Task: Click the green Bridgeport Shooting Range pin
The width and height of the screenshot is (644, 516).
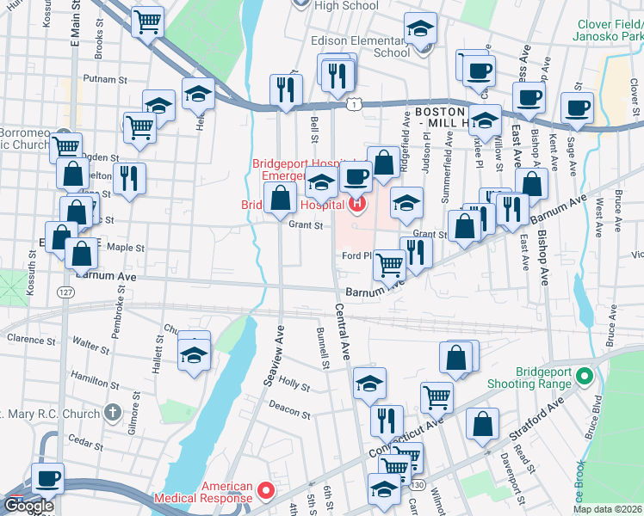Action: pos(585,377)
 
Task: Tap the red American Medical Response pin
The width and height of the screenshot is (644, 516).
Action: pos(266,491)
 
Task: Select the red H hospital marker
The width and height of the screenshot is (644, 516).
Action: pos(357,204)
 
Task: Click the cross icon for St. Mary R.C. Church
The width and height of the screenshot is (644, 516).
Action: pos(111,412)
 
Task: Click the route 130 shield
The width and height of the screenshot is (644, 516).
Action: pos(418,486)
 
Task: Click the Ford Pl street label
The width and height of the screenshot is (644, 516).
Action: pos(356,255)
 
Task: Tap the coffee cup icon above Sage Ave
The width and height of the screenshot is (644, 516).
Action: pos(577,107)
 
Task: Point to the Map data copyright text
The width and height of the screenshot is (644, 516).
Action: pos(607,509)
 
